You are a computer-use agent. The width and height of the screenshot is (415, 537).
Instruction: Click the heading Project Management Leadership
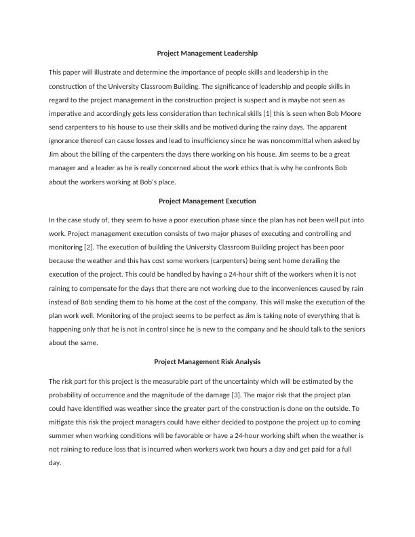click(207, 52)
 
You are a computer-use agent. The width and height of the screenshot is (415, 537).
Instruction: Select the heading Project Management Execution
click(207, 201)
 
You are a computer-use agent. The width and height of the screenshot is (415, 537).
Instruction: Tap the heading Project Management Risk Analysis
click(207, 362)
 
